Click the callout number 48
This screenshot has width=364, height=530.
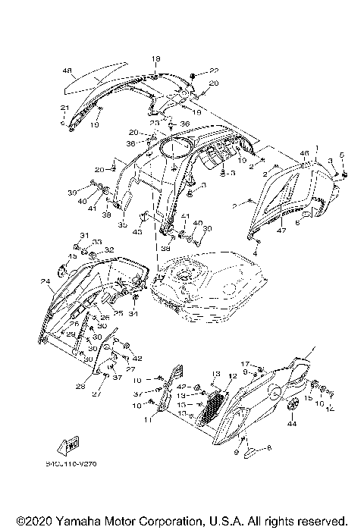[67, 72]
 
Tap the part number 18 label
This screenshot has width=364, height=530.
[156, 59]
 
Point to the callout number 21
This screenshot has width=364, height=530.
[64, 107]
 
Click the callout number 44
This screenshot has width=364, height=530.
[291, 426]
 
